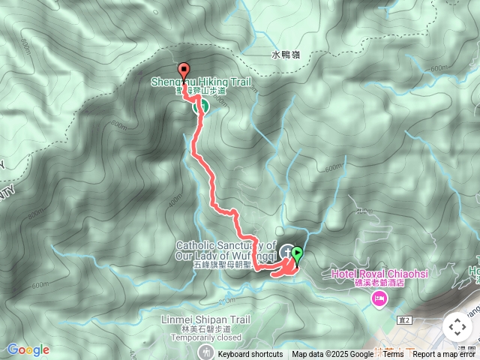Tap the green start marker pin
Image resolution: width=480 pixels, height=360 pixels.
pos(297,255)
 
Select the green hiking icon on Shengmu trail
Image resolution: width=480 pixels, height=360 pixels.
pos(200,107)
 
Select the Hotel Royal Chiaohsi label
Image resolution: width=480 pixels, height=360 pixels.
pos(379,274)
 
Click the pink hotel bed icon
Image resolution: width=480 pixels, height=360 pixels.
pos(378,301)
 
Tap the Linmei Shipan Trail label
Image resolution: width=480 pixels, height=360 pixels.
pos(204,320)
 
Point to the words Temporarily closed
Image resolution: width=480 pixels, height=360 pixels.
pos(204,337)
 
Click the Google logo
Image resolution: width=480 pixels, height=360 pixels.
pos(28,349)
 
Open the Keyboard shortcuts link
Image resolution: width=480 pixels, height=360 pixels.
pos(250,355)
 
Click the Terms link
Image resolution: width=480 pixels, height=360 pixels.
pos(393,355)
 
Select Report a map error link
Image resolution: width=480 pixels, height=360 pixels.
pos(445,355)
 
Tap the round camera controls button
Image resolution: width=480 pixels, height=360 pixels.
pos(457,327)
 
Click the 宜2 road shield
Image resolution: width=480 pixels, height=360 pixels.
pos(406,320)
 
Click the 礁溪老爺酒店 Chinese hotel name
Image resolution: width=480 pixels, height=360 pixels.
pos(380,285)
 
